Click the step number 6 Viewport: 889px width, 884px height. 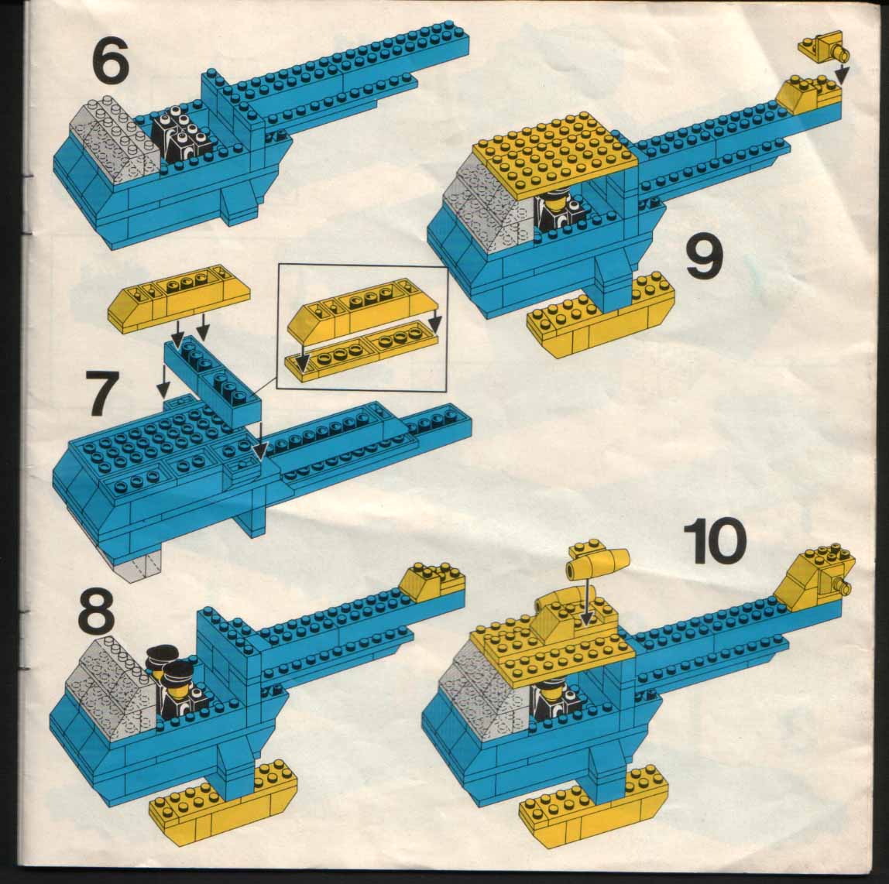[x=109, y=60]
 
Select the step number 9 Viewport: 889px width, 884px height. [x=704, y=260]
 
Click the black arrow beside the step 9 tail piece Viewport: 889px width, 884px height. [x=843, y=72]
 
